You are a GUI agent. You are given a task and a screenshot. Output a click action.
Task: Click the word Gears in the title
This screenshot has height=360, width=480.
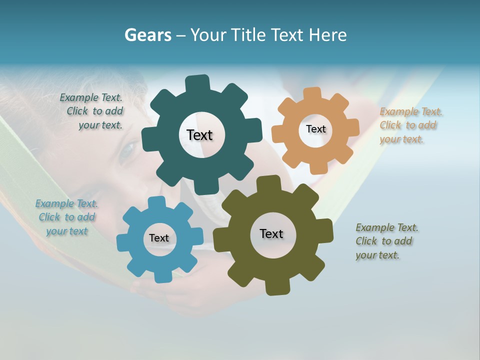pyautogui.click(x=147, y=35)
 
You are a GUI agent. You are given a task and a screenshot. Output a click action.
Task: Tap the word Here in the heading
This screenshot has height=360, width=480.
pyautogui.click(x=327, y=35)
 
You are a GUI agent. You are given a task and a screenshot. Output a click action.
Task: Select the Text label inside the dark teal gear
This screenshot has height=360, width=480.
pyautogui.click(x=199, y=135)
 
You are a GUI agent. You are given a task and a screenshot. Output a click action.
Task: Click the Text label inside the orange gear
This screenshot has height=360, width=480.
pyautogui.click(x=315, y=129)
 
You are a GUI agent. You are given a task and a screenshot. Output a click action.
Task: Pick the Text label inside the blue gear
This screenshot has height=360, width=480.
pyautogui.click(x=159, y=238)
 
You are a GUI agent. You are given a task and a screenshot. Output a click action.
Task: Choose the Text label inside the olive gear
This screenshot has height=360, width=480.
pyautogui.click(x=271, y=233)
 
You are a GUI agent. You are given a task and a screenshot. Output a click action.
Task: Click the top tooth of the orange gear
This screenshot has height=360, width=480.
pyautogui.click(x=312, y=93)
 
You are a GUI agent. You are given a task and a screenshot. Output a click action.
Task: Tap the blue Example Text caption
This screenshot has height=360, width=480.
pyautogui.click(x=67, y=217)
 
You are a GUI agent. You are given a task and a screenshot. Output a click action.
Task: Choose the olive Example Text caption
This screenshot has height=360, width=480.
pyautogui.click(x=386, y=241)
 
